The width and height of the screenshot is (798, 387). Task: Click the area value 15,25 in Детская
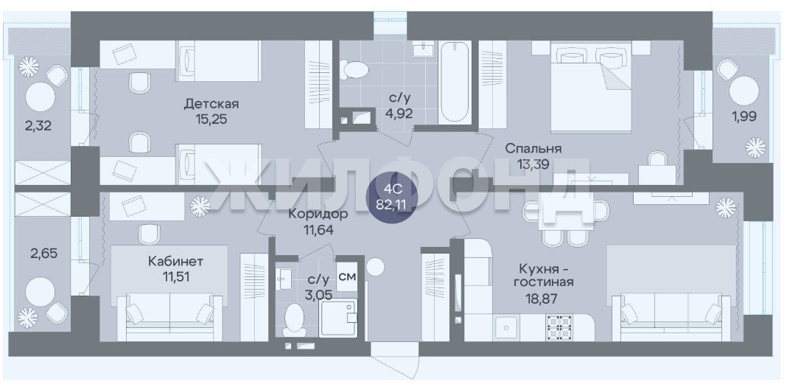pos(211,119)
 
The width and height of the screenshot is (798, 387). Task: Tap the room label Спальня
pos(533,149)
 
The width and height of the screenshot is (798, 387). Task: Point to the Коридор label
pos(318,214)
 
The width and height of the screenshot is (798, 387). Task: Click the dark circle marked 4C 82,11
pos(393,197)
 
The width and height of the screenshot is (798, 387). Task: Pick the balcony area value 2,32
pos(38,125)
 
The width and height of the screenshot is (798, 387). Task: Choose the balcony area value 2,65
pos(43,253)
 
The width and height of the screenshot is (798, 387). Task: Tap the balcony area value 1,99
pos(744,116)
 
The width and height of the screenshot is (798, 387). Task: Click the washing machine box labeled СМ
pos(347,277)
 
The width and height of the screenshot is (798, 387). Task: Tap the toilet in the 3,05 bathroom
pos(294,319)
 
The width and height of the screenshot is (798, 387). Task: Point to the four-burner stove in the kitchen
pos(559,327)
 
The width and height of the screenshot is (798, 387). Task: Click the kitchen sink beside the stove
pos(505,327)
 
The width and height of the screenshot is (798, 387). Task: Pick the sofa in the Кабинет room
pos(170,317)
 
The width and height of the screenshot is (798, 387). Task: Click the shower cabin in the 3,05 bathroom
pos(338,318)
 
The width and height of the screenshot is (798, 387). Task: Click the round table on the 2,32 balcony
pos(41,97)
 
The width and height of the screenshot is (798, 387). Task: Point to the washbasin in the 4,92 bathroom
pos(423,50)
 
